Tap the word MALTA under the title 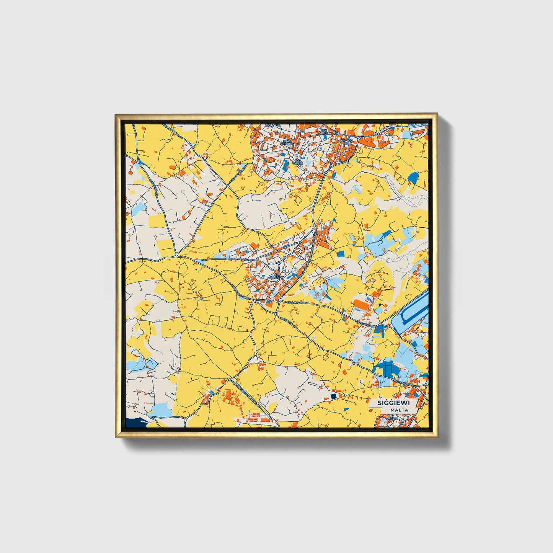pos(399,410)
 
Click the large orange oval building pos(361,304)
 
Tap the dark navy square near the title pos(333,396)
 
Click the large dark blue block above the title pos(387,367)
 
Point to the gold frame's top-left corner pos(116,114)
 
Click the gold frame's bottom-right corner pos(437,437)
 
